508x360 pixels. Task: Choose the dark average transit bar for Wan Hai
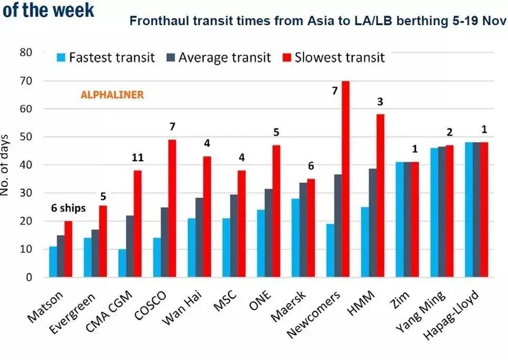click(199, 237)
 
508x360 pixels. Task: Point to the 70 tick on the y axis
click(26, 81)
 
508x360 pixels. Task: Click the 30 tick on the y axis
click(26, 193)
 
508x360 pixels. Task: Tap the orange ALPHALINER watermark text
click(112, 95)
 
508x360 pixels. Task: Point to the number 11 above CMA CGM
click(138, 157)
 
